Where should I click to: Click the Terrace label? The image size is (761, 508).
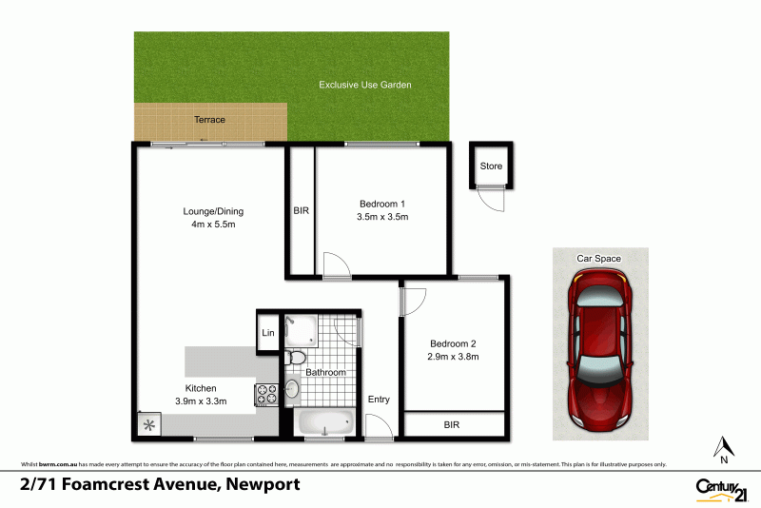pos(209,120)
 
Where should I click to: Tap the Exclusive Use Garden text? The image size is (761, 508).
pos(364,86)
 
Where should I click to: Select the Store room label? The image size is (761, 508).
pos(491,166)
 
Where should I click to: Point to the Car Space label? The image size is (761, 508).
pos(599,259)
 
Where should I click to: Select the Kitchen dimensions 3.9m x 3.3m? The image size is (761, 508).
pos(202,402)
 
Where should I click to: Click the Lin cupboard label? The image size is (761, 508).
pos(268,333)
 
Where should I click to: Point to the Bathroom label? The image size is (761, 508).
pos(325,372)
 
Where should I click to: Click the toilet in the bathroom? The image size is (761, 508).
pos(296,358)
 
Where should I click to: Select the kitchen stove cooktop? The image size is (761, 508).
pos(265,394)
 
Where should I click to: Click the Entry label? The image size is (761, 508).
pos(379,400)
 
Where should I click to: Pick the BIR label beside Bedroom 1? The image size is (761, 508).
pos(301,211)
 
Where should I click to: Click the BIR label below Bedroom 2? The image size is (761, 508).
pos(452,425)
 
